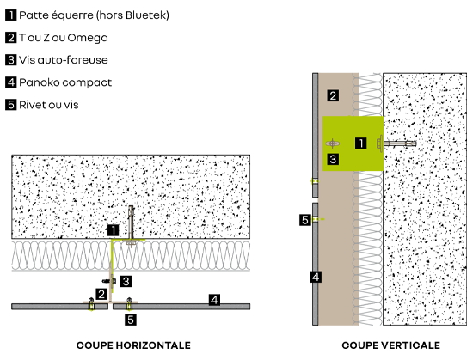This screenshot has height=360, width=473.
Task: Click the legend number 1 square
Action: (10, 15)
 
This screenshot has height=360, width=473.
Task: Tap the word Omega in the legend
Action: (88, 39)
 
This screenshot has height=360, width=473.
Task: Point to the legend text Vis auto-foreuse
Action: (64, 60)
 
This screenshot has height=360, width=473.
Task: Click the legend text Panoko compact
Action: (65, 82)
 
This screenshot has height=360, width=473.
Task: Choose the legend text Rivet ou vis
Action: (49, 105)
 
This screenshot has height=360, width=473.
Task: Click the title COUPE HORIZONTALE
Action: (133, 345)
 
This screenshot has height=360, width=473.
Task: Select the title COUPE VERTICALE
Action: (391, 345)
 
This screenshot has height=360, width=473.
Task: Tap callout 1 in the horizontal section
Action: (114, 230)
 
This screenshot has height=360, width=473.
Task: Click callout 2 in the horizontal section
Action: (101, 295)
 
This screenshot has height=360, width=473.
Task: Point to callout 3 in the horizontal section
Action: (126, 281)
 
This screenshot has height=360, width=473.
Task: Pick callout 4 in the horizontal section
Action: (214, 300)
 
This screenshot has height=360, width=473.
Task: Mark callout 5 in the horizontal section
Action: (131, 320)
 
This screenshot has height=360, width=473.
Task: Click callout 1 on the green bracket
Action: (361, 143)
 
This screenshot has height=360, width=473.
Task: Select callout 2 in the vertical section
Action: (333, 95)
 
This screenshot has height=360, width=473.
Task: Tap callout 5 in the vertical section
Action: (305, 220)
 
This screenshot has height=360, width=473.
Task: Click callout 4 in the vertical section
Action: (316, 277)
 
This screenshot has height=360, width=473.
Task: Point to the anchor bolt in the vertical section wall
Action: (396, 143)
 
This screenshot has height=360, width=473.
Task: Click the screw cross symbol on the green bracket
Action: (333, 143)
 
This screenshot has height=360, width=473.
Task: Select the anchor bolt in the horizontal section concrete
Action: (131, 225)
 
